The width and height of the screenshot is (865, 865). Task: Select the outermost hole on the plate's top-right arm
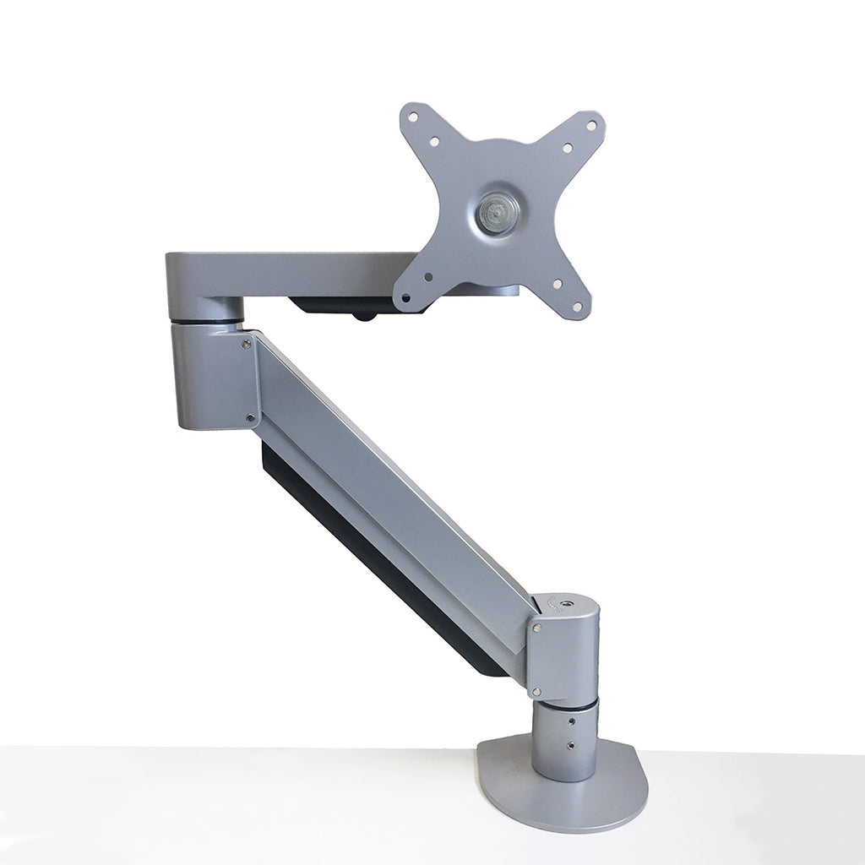pos(590,125)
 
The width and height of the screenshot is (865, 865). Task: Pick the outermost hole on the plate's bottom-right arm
pos(577,307)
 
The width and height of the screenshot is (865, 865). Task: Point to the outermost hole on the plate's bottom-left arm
pos(406,297)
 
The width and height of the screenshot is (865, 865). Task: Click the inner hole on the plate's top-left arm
pos(433,142)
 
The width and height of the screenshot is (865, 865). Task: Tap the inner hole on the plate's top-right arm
pos(568,148)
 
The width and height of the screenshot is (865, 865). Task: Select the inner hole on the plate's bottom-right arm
pos(557,285)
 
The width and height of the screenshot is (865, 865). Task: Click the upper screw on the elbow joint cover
pos(246,343)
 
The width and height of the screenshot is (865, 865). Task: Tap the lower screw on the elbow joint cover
pos(249,416)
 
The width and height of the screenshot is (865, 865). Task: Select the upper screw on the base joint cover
pos(535,627)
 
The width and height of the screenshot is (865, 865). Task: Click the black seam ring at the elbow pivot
pos(206,322)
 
